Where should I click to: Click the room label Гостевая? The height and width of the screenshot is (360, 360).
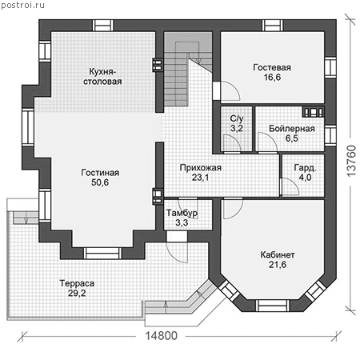tap(272, 67)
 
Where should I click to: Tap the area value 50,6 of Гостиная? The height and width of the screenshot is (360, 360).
tap(100, 182)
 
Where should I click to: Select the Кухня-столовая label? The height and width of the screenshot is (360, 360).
tap(102, 77)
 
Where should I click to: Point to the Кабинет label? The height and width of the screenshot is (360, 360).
tap(278, 255)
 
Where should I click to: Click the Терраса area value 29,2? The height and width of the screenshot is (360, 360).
tap(77, 293)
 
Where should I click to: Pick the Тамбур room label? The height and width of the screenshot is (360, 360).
tap(182, 213)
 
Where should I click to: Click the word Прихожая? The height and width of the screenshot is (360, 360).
tap(201, 168)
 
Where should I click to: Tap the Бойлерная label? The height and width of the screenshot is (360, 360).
tap(292, 129)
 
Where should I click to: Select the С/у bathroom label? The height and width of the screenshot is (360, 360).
tap(237, 118)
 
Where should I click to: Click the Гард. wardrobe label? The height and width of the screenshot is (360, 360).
tap(305, 168)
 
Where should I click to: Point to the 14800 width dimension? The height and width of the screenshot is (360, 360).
tap(162, 336)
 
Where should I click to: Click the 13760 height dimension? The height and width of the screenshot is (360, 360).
tap(351, 161)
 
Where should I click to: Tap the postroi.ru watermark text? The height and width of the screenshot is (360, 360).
tap(23, 6)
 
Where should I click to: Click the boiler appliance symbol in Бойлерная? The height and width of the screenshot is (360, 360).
tap(314, 112)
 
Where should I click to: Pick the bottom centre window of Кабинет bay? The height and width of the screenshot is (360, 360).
tap(273, 306)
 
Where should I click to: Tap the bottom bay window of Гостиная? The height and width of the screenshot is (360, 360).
tap(102, 254)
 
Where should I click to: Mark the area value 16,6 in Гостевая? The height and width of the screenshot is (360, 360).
tap(272, 78)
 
